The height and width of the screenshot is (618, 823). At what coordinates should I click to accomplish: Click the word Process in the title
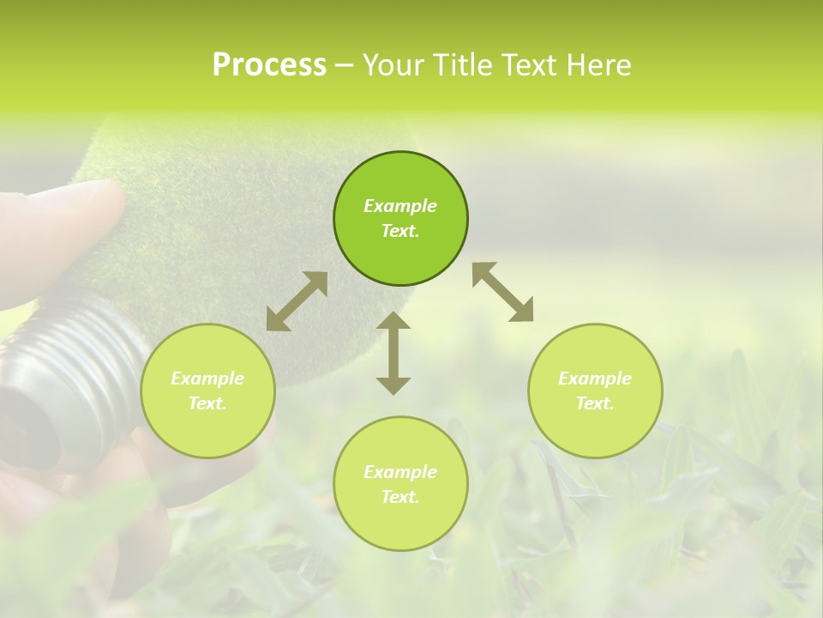(269, 65)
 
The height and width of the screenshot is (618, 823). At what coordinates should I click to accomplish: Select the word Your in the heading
(395, 65)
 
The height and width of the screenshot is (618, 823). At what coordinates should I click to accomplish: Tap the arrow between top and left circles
(297, 301)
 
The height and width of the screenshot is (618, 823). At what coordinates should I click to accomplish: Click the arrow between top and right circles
(502, 292)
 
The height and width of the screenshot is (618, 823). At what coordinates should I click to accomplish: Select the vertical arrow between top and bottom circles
(393, 353)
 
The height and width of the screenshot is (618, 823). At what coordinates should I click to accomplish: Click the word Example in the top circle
(400, 206)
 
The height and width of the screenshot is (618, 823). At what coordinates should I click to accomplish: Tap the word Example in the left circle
(207, 379)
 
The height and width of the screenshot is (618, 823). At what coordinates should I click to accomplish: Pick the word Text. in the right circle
(595, 403)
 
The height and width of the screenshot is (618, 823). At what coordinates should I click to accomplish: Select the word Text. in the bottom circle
(400, 497)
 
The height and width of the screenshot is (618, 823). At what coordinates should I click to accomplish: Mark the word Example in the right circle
(595, 379)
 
